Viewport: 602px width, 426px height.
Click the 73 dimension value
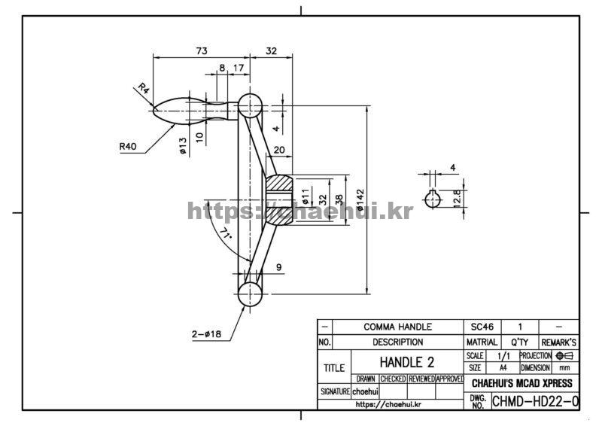tap(202, 50)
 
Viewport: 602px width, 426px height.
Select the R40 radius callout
tap(128, 146)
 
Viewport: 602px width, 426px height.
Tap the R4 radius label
tap(144, 89)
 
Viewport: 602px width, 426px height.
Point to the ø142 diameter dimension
tap(360, 199)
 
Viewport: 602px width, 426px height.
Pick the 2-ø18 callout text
tap(206, 334)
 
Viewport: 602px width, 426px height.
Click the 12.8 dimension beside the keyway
tap(457, 198)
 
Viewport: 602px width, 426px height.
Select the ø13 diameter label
tap(183, 146)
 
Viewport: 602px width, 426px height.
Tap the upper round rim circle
tap(250, 105)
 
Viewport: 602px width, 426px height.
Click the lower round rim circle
tap(250, 294)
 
